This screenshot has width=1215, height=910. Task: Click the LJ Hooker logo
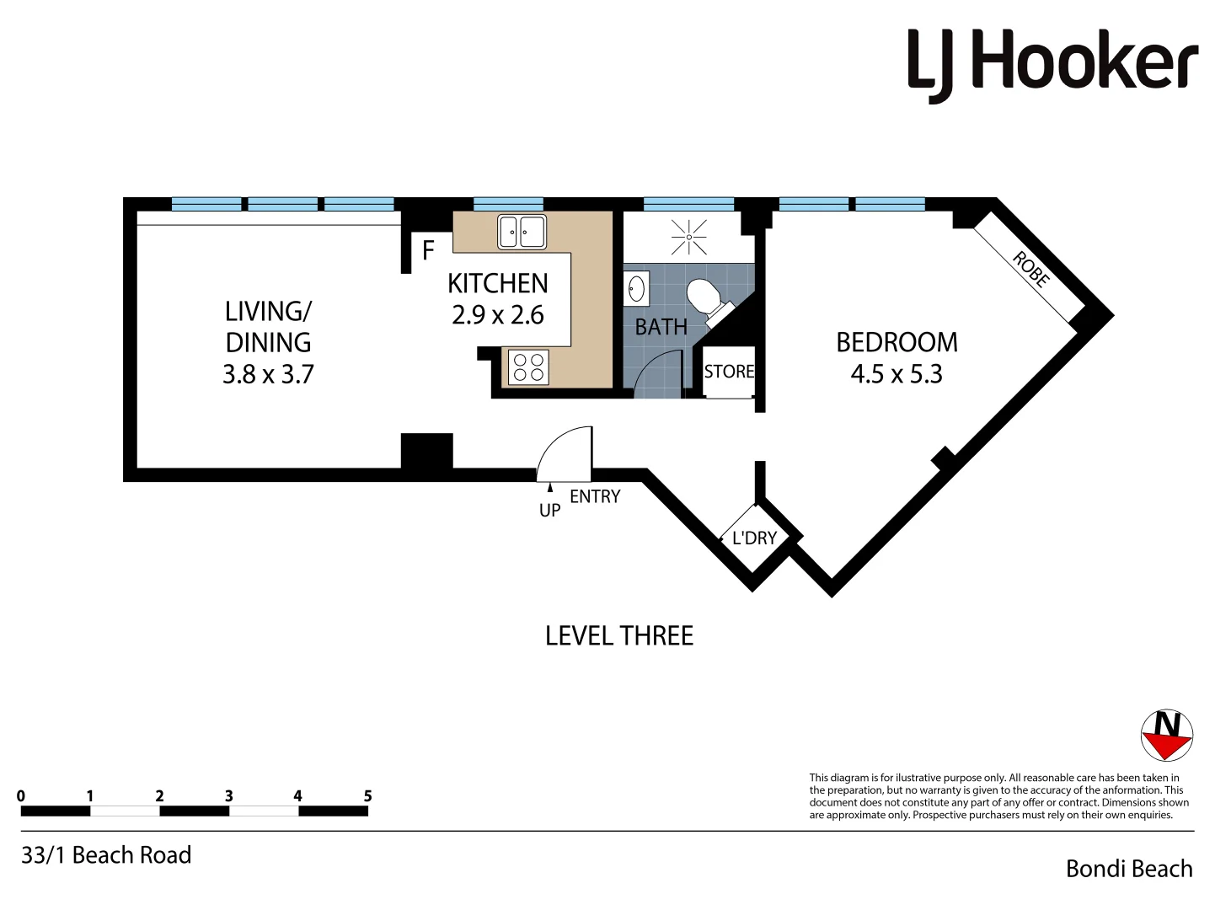(x=1052, y=63)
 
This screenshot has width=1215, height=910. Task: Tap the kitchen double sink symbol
(x=522, y=232)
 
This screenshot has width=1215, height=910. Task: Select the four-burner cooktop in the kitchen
(x=528, y=367)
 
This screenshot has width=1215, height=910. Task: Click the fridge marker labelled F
(x=428, y=250)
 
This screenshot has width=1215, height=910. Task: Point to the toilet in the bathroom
(x=704, y=297)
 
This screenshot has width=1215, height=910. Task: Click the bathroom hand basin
(x=636, y=288)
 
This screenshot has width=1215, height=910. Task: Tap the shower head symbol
(x=689, y=238)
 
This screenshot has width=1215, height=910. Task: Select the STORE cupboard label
(x=729, y=372)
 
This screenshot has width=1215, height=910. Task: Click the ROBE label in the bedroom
(x=1030, y=270)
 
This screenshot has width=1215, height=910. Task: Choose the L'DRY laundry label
(x=754, y=538)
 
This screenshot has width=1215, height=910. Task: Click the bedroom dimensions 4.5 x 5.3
(x=897, y=374)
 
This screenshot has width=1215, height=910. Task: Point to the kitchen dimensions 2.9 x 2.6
(x=497, y=315)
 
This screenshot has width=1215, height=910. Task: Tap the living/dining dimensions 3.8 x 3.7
(x=268, y=374)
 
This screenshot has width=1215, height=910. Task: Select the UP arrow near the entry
(x=550, y=488)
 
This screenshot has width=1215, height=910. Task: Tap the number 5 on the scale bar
(x=367, y=795)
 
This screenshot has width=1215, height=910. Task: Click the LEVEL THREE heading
(x=619, y=636)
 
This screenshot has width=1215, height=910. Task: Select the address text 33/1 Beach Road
(x=106, y=855)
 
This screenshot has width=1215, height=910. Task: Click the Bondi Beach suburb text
(x=1129, y=869)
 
